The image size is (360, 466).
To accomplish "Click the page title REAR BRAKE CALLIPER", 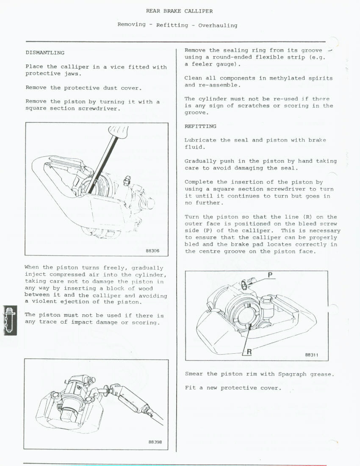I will coord(179,11).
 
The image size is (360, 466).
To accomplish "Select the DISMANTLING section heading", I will coord(45,53).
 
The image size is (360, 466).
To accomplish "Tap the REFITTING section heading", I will coord(200,126).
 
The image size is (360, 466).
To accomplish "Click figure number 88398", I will coord(155,442).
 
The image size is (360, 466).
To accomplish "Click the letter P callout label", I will coord(270,275).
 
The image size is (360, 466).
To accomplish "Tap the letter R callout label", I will coord(249,351).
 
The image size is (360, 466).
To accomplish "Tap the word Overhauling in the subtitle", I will coord(218,25).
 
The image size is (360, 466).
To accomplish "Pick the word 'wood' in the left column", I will coord(145,288).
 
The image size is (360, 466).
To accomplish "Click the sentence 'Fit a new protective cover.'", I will coord(233,388).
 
